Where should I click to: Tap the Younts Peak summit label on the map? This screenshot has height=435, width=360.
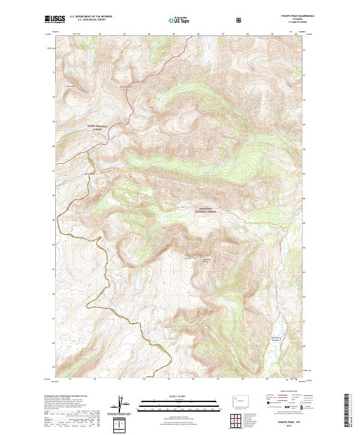coord(208,259)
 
